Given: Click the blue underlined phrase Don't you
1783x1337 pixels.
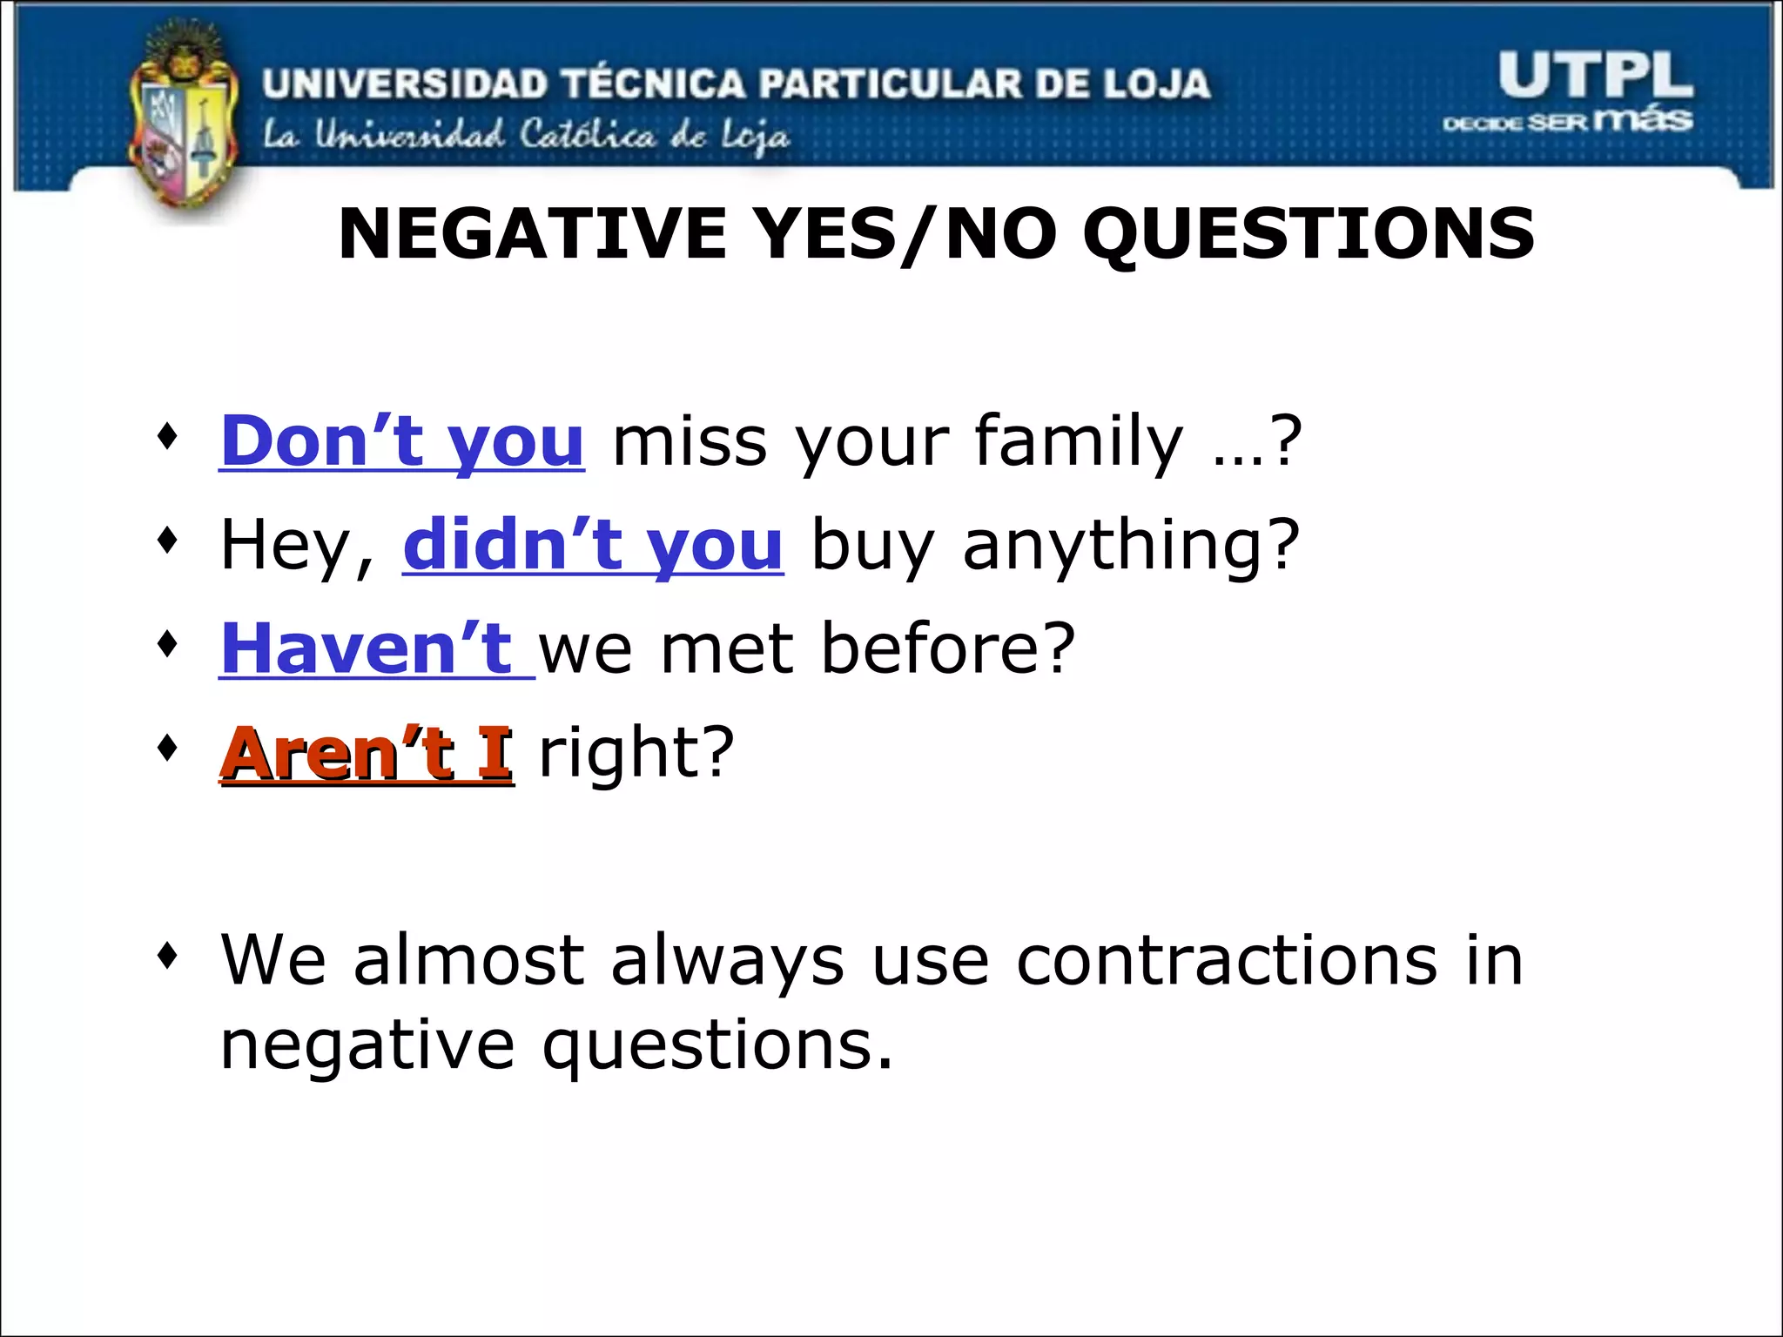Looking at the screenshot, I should click(401, 441).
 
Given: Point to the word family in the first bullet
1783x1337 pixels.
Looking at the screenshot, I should click(1079, 441).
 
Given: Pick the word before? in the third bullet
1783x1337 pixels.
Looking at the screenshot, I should click(948, 649).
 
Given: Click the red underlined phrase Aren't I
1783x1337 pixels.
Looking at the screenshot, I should click(367, 753).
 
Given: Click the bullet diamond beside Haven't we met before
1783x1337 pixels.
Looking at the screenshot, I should click(168, 645).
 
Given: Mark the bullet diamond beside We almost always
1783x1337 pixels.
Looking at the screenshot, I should click(168, 957).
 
